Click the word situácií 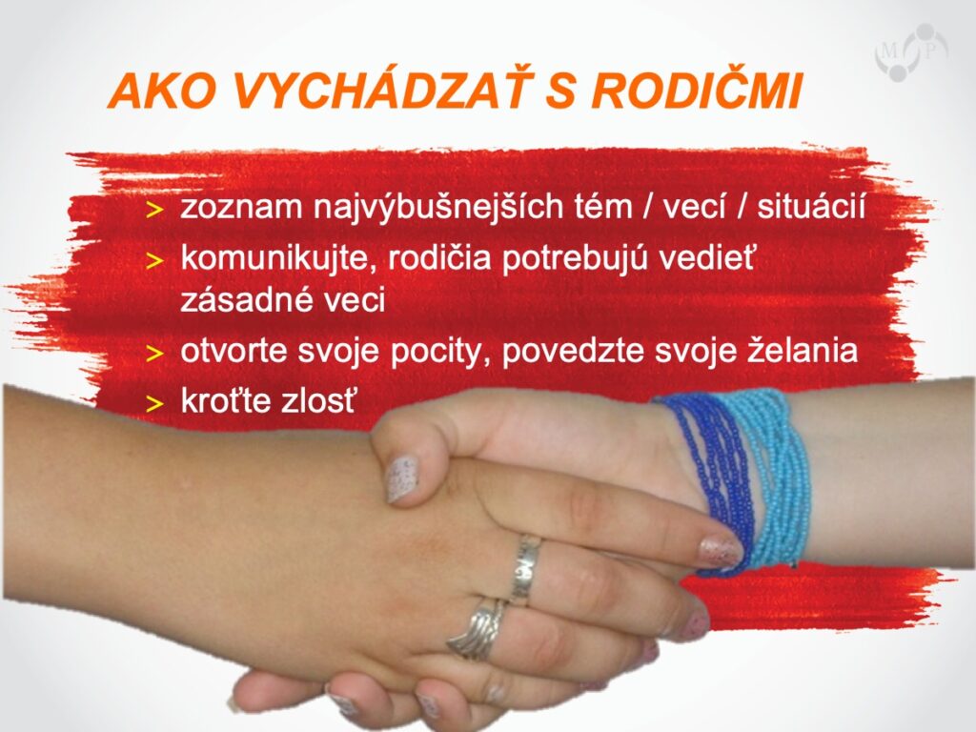811,206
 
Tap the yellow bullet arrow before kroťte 154,404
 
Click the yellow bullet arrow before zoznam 154,211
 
